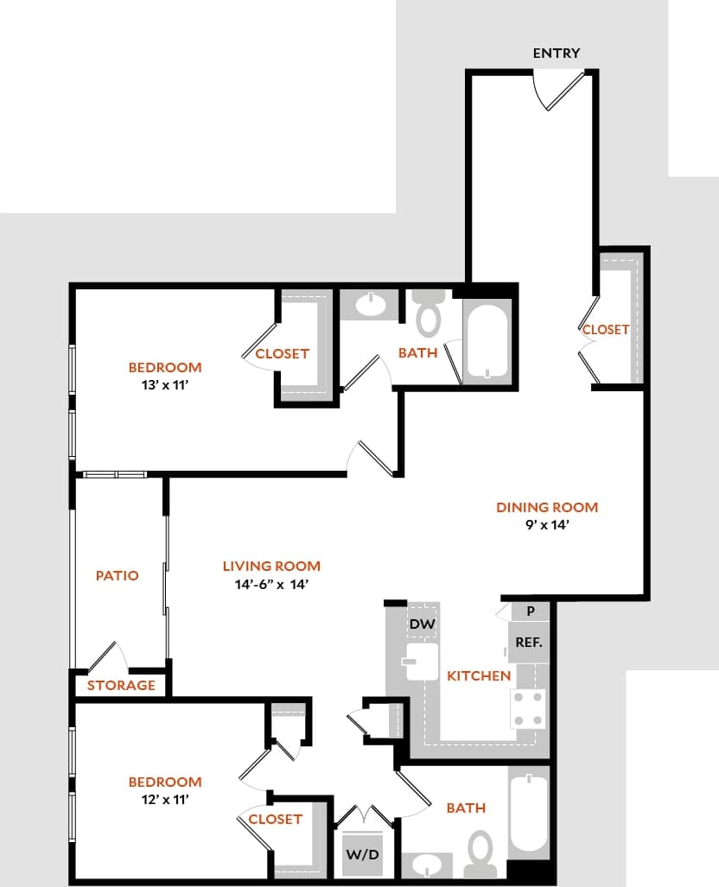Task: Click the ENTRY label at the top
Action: (x=556, y=53)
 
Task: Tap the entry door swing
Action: (x=560, y=89)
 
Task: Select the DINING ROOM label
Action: (x=546, y=507)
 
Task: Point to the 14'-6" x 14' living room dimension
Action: (x=271, y=584)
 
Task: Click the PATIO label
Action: (x=117, y=575)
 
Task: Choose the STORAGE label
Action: (x=121, y=685)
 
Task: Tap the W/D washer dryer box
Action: (x=361, y=853)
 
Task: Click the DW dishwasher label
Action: (x=421, y=624)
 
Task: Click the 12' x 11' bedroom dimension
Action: (x=165, y=800)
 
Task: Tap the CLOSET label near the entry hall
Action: (x=606, y=329)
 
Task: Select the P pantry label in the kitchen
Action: (x=531, y=611)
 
